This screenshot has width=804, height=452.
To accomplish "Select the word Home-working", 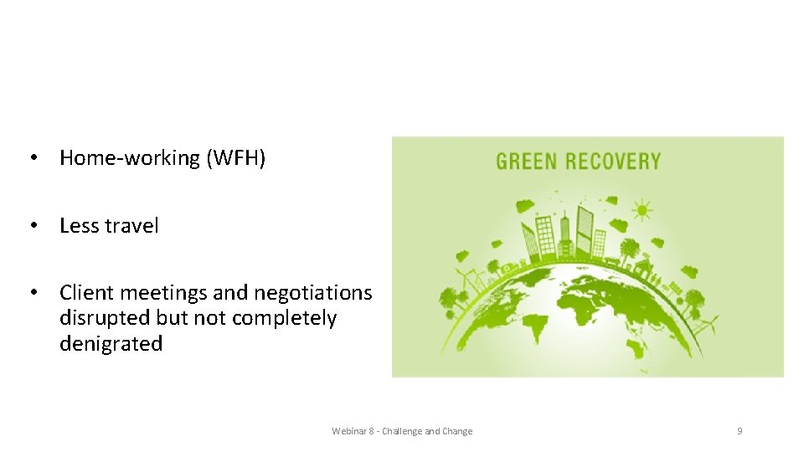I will tap(130, 158).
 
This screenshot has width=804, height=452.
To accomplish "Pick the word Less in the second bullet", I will tap(80, 226).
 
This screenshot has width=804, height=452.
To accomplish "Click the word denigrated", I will tap(111, 344).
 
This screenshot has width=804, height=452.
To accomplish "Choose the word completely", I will tap(284, 319).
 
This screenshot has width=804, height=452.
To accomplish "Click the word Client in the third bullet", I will tap(87, 293).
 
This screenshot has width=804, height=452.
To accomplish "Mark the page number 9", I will tap(740, 431).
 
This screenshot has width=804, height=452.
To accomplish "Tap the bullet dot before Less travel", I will tap(33, 226).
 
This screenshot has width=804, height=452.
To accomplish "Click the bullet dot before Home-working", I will tap(33, 158).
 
